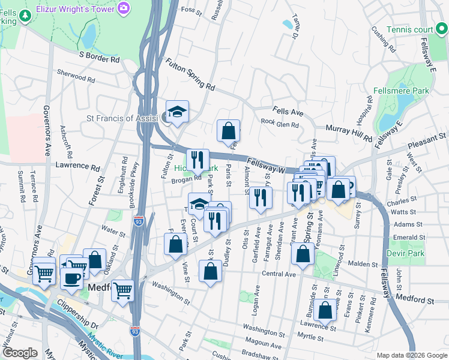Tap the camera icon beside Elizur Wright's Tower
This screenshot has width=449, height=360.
tap(124, 8)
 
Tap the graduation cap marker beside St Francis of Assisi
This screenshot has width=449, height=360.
tap(177, 112)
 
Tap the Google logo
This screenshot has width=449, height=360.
tap(20, 353)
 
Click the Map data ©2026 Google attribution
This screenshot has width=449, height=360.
tap(411, 355)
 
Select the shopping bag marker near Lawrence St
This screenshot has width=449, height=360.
tap(325, 311)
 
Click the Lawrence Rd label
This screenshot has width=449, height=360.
tap(77, 165)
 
